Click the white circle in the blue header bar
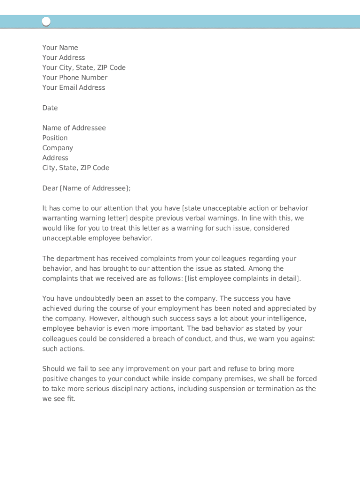click(x=46, y=22)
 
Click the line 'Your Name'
click(x=60, y=48)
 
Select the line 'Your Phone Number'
click(x=75, y=78)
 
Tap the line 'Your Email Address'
click(x=74, y=87)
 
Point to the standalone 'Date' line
click(x=50, y=108)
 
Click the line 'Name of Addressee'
click(x=74, y=128)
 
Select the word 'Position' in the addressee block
click(x=55, y=138)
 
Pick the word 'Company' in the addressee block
click(x=58, y=148)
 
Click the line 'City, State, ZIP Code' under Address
click(x=76, y=168)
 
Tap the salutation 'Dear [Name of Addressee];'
click(x=86, y=189)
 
